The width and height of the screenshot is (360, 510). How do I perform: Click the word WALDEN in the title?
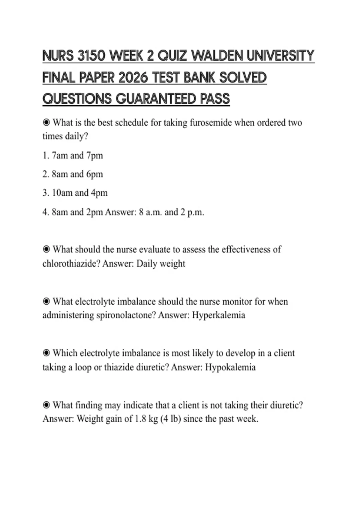coord(217,56)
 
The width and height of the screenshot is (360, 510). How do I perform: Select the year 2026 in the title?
coord(133,78)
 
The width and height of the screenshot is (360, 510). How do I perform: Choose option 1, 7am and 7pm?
coord(73,155)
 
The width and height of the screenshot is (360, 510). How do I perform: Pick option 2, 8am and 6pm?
coord(73,174)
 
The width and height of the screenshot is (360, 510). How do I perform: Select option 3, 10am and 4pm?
coord(75,193)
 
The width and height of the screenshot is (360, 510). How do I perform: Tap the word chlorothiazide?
coord(71,263)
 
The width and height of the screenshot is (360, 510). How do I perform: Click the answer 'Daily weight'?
coord(160,263)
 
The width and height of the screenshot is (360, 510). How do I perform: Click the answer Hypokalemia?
coord(230,367)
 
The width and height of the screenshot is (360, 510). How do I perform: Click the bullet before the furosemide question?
coord(46,123)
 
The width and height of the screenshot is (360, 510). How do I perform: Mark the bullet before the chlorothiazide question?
coord(46,249)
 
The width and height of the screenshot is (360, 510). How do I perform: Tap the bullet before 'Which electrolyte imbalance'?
coord(46,353)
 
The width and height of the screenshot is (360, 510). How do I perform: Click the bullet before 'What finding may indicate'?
coord(46,405)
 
